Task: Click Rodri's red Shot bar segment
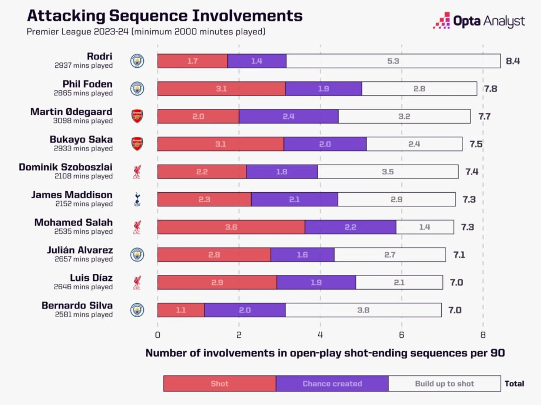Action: coord(192,61)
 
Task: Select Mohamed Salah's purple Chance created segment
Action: coord(350,227)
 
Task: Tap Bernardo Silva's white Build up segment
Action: coord(363,310)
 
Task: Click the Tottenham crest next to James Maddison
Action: coord(137,199)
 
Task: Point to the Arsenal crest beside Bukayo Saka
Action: coord(137,144)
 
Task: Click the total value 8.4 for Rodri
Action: coord(512,61)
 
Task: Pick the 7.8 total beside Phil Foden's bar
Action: coord(490,89)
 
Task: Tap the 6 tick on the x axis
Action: coord(401,335)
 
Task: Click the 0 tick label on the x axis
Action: coord(157,335)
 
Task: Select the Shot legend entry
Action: coord(220,384)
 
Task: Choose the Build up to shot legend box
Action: coord(444,384)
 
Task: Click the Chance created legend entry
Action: coord(332,384)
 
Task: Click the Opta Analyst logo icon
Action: coord(442,21)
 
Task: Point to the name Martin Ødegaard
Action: coord(71,112)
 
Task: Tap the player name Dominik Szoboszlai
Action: coord(66,167)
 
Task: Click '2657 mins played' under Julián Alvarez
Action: coord(83,259)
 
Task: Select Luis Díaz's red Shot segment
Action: coord(217,283)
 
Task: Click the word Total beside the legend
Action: coord(514,384)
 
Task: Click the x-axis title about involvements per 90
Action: coord(325,353)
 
